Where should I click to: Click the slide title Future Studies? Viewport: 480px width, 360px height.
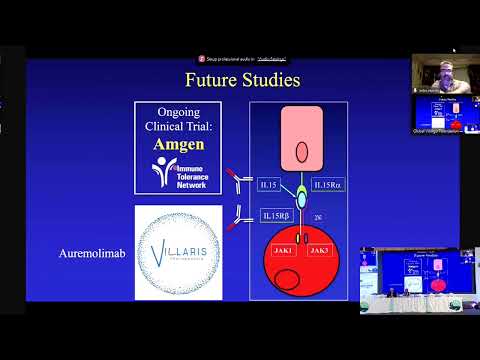point(243,77)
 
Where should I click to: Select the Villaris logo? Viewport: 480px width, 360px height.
point(178,251)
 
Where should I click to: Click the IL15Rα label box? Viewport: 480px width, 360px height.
point(329,185)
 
